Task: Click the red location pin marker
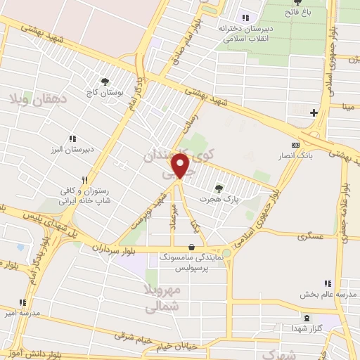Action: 181,167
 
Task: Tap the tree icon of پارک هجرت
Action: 220,188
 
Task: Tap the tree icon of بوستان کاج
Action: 105,82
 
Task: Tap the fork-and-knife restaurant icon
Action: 84,179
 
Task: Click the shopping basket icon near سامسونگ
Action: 191,247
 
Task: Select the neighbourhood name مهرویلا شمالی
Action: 163,297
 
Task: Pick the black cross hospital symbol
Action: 314,112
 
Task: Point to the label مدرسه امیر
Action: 21,312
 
